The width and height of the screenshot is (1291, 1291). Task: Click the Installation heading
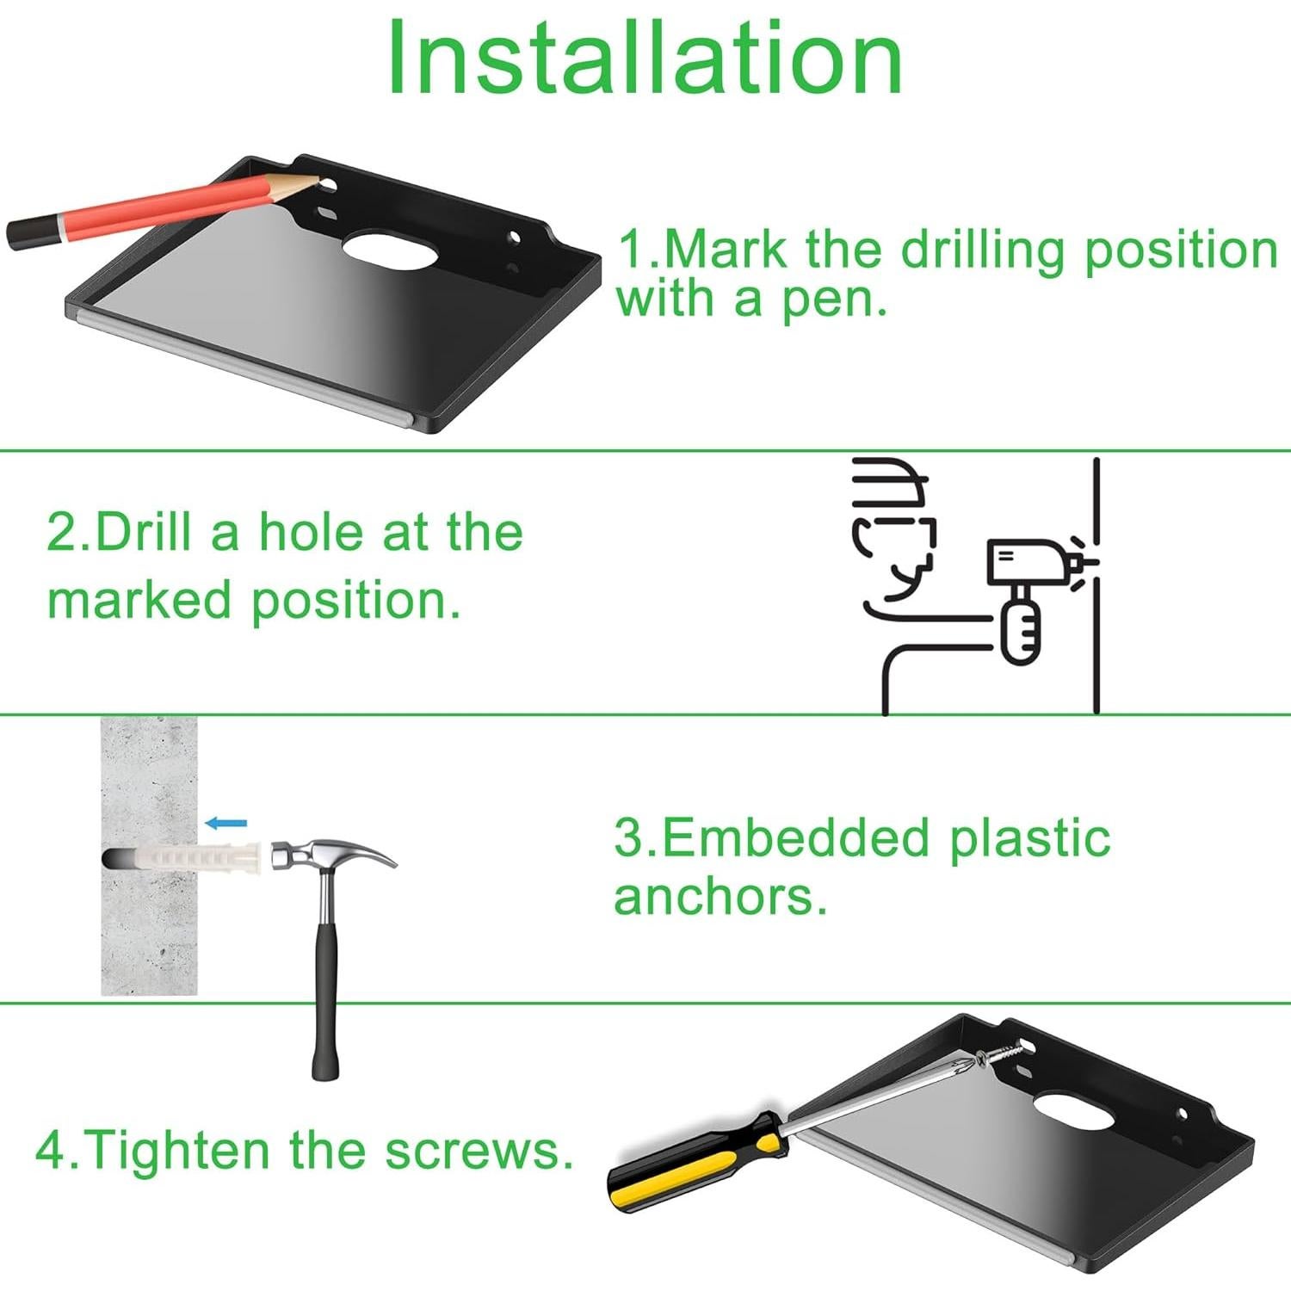645,59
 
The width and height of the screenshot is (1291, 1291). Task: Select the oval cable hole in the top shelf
391,250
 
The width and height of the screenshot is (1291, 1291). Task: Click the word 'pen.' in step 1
834,300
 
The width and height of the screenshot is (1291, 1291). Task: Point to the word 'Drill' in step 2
143,532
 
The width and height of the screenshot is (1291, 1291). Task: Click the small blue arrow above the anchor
226,824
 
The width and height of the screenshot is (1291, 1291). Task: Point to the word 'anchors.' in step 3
720,897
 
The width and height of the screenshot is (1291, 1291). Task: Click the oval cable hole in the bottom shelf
1075,1111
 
